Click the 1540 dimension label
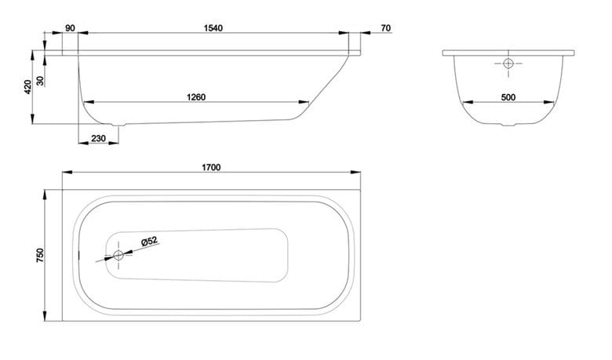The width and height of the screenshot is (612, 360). pos(213,28)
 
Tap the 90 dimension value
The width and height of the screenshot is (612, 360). pos(71,28)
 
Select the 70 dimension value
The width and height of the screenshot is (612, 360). pos(385,28)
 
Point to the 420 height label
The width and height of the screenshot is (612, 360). pos(27,87)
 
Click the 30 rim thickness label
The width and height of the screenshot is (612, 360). pos(41,81)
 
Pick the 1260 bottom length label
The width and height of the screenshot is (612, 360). pos(196,97)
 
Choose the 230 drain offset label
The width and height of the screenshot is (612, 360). pos(98,139)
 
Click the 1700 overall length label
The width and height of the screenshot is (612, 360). pos(211,167)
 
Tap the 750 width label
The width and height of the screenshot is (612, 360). pos(41,255)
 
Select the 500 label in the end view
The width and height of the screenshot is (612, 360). pos(508,97)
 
